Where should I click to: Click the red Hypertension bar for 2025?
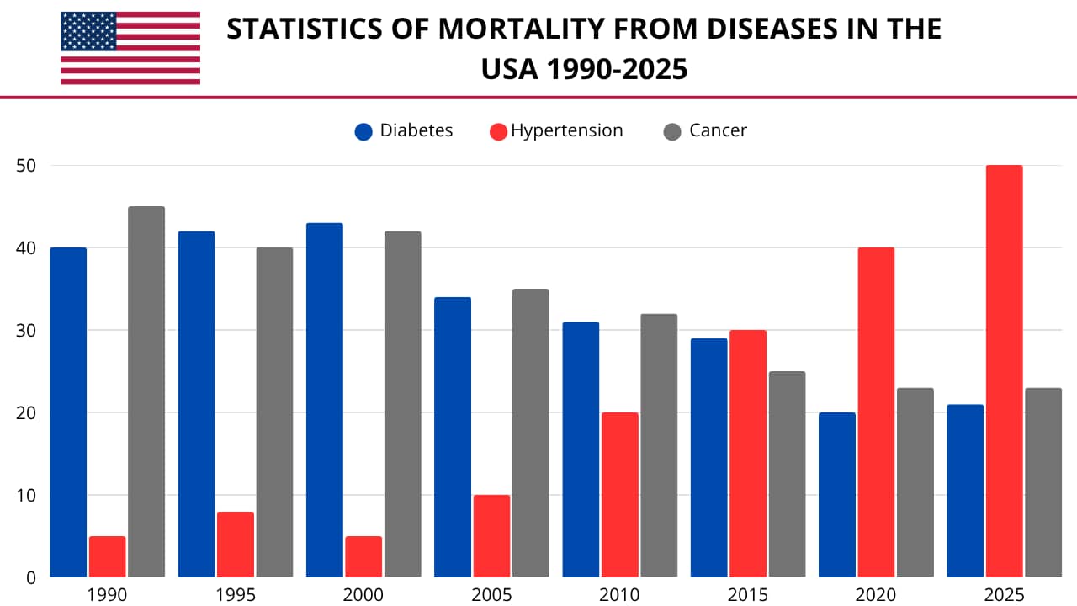pos(1004,371)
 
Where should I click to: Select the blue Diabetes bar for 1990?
pos(68,412)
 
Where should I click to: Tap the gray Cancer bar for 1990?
pos(146,392)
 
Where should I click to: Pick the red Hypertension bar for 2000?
pos(363,556)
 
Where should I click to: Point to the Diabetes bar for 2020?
pos(837,495)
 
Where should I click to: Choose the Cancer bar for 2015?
pos(787,474)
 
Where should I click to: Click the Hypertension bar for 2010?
pos(620,495)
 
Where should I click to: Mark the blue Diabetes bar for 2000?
pos(325,400)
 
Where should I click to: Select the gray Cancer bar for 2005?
pos(531,433)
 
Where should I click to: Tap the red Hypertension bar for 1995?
pos(236,545)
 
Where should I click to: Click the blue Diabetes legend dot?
pos(363,131)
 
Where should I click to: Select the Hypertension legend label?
pos(567,130)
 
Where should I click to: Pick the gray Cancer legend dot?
pos(671,131)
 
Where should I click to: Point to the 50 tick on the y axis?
pos(26,166)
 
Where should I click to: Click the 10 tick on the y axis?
pos(26,495)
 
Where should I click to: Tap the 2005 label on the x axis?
pos(491,595)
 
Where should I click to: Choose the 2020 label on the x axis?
pos(876,595)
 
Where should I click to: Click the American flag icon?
pos(130,48)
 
